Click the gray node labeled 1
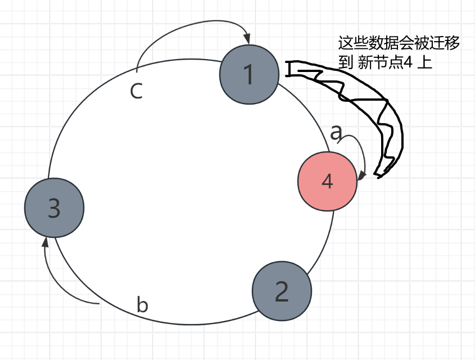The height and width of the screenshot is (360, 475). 250,74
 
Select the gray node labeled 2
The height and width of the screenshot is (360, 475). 282,290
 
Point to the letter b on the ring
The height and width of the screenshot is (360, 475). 143,305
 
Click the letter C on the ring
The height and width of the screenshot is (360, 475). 136,91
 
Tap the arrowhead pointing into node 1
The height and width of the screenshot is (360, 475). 248,40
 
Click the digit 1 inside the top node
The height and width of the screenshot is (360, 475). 250,74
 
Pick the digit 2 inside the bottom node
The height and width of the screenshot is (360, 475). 282,291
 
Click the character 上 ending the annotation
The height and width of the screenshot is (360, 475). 425,62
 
